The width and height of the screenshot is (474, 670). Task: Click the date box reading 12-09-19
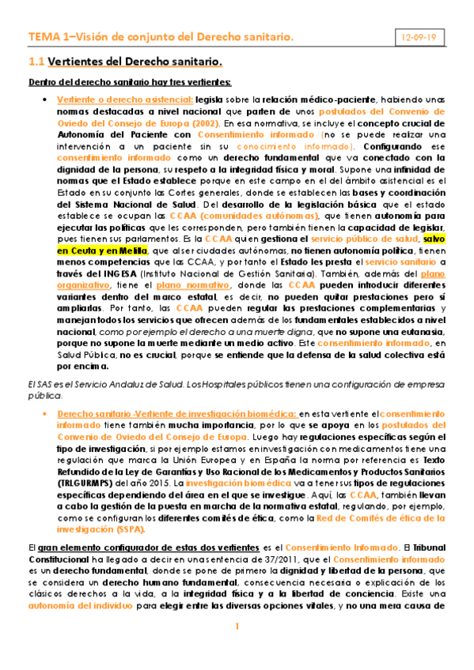coord(419,37)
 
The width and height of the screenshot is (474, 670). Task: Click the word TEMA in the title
coord(41,37)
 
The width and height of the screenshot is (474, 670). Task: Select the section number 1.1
coord(36,61)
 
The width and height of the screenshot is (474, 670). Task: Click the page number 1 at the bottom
coord(237,650)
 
